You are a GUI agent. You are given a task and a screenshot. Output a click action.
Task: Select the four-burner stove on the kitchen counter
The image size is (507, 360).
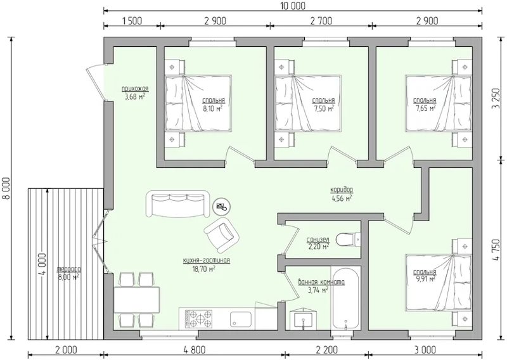click(x=198, y=319)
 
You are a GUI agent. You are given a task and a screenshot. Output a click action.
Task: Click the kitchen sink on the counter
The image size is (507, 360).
click(x=241, y=319)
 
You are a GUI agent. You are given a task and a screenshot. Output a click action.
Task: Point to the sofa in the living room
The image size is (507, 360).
click(x=177, y=204)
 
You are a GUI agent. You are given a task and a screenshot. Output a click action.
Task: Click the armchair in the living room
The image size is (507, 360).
click(x=221, y=235)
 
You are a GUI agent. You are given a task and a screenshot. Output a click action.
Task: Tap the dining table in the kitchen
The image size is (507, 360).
click(x=137, y=300)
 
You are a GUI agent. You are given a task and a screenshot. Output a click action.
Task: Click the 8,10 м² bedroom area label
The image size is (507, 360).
click(x=212, y=108)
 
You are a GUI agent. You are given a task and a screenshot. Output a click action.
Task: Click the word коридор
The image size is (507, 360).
click(x=342, y=190)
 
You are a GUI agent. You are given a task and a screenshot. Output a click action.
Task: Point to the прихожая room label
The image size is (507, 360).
click(x=135, y=89)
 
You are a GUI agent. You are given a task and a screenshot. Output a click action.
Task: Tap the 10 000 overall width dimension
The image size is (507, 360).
click(x=293, y=6)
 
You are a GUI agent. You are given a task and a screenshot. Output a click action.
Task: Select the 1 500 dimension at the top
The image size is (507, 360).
click(x=132, y=21)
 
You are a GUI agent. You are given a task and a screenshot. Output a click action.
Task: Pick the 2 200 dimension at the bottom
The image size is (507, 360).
click(x=326, y=350)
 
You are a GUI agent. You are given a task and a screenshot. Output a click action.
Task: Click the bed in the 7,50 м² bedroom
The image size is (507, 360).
click(x=308, y=103)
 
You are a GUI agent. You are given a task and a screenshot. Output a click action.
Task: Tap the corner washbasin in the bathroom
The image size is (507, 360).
click(x=304, y=319)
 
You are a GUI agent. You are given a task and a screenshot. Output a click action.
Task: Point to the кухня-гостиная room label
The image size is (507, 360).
click(x=207, y=260)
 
